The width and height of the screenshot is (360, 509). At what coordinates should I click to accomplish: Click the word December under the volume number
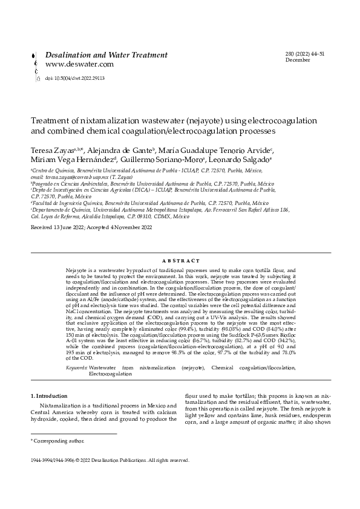coord(297,60)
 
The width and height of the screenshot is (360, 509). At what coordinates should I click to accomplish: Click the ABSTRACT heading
coord(180,260)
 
